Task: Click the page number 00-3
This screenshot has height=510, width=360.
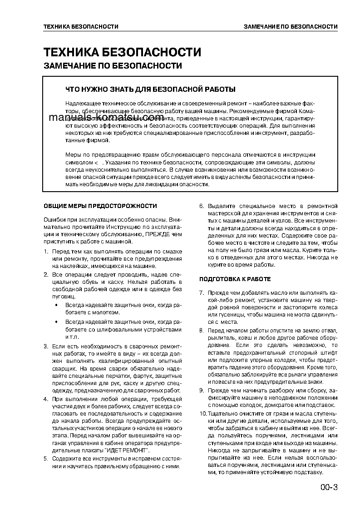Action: [329, 488]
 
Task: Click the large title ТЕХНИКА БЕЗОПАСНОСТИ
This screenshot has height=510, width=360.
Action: [122, 51]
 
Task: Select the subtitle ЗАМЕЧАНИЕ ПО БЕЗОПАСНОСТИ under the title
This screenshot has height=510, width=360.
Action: [113, 66]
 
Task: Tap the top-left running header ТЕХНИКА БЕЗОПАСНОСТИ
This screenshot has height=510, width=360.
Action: [81, 27]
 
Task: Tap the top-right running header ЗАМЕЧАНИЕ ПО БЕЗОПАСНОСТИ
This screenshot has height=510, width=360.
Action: [290, 27]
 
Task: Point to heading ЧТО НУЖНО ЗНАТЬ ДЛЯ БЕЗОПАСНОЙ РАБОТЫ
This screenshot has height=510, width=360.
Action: [150, 89]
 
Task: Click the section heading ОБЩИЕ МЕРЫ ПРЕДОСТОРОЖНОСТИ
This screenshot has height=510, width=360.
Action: [100, 206]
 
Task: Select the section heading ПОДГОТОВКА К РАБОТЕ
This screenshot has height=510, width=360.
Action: [235, 279]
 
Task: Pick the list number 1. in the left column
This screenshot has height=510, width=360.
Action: [46, 251]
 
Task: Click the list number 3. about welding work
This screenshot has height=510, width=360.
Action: [46, 347]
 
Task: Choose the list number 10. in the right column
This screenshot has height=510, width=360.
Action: [203, 414]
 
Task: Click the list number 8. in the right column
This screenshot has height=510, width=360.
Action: [202, 330]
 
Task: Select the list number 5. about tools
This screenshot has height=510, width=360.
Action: [46, 459]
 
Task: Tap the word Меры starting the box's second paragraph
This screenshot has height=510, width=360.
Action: [73, 155]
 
